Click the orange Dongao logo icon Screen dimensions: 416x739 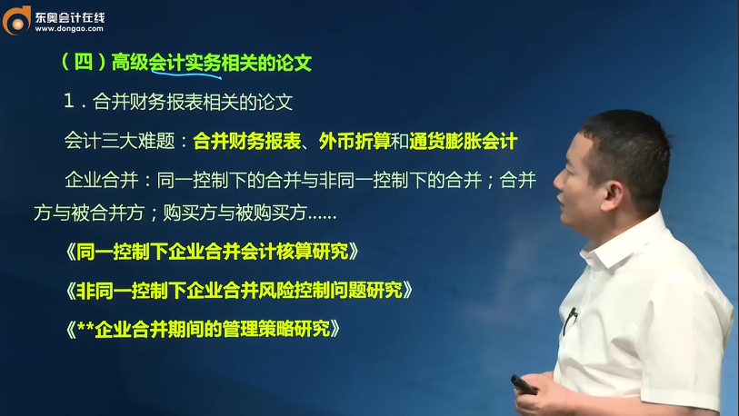tap(16, 19)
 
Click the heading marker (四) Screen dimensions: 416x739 tap(82, 63)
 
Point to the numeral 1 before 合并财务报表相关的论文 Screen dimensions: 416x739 tap(68, 103)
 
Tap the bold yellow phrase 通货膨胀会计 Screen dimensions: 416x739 tap(463, 141)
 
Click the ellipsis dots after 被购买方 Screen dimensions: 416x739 tap(323, 216)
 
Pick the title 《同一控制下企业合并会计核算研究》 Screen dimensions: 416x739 tap(212, 252)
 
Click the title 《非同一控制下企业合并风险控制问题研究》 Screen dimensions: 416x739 tap(239, 290)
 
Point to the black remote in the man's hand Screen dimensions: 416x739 tap(524, 383)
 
